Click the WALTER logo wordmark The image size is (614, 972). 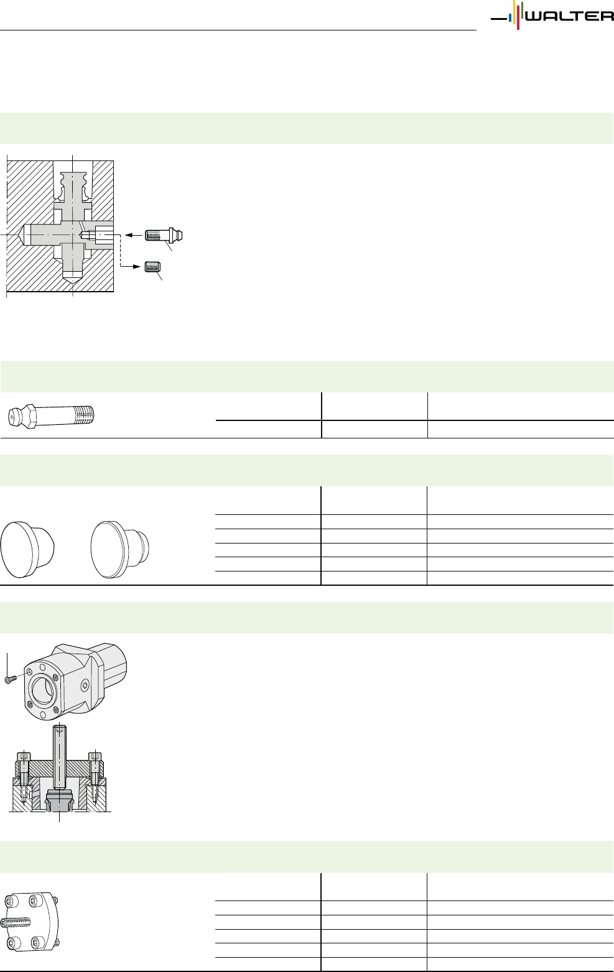tap(569, 17)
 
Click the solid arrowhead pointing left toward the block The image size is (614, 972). tap(128, 235)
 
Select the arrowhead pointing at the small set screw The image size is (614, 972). tap(137, 266)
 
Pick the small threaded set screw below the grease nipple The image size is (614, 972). tap(153, 266)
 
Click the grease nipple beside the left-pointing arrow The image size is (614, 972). tap(164, 235)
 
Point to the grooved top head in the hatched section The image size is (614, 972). tap(72, 182)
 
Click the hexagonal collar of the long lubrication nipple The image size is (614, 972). tap(30, 416)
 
